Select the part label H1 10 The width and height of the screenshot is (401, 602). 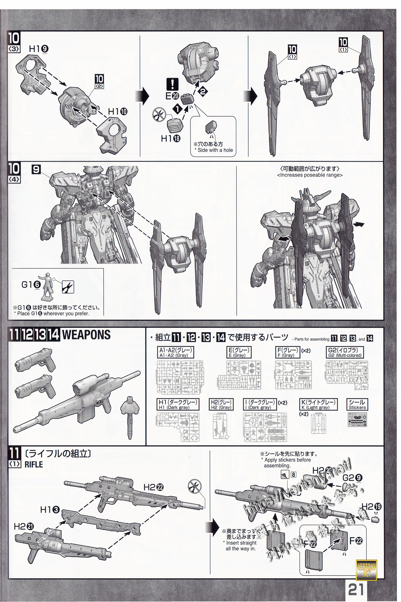(118, 112)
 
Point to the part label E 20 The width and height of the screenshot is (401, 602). (172, 96)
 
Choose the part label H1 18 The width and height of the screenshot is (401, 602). (171, 138)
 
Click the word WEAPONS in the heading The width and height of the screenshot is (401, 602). (86, 335)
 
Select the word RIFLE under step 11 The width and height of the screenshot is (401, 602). (34, 465)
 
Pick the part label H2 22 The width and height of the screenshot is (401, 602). (153, 487)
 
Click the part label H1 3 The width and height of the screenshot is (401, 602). (50, 510)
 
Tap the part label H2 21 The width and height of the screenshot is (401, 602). (24, 526)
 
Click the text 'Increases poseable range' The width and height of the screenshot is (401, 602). (310, 175)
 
